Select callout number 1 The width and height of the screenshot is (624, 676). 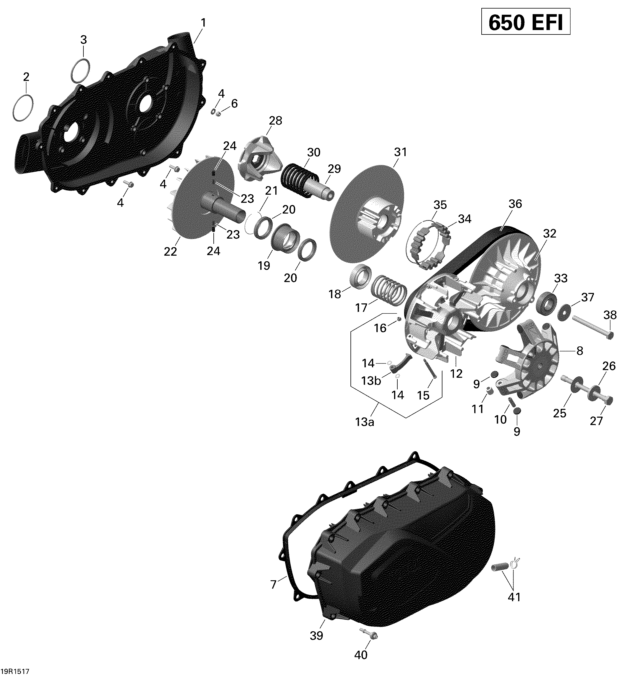tap(203, 23)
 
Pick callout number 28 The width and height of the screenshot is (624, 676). tap(275, 120)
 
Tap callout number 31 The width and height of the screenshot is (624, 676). tap(401, 152)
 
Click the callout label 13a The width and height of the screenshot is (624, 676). tap(365, 422)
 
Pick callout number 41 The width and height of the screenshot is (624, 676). tap(514, 597)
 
